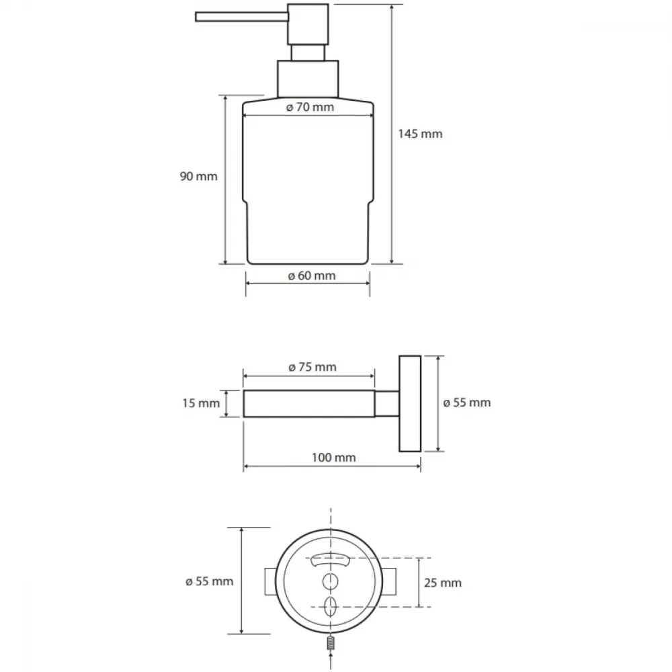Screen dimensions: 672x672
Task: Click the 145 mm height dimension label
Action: pyautogui.click(x=420, y=134)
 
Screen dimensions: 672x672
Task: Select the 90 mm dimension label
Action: pyautogui.click(x=198, y=176)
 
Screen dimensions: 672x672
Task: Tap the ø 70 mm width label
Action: pyautogui.click(x=310, y=107)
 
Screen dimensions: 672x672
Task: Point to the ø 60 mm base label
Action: pyautogui.click(x=312, y=276)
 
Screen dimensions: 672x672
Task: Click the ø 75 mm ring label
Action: pyautogui.click(x=312, y=367)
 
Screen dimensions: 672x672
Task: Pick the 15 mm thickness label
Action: pyautogui.click(x=201, y=403)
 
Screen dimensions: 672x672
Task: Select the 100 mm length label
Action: pyautogui.click(x=333, y=457)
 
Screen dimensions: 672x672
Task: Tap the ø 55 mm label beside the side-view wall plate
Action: pyautogui.click(x=467, y=403)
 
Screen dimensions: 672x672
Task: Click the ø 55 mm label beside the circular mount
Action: pyautogui.click(x=209, y=581)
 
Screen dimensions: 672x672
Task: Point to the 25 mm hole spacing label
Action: pyautogui.click(x=443, y=583)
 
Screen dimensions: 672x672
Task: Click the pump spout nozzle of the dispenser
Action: pyautogui.click(x=242, y=17)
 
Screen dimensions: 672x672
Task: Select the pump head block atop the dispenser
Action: pyautogui.click(x=308, y=24)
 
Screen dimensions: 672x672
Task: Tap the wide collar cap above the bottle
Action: pyautogui.click(x=308, y=79)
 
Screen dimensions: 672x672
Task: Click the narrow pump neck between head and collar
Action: pyautogui.click(x=308, y=52)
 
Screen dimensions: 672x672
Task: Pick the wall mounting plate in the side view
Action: pyautogui.click(x=410, y=403)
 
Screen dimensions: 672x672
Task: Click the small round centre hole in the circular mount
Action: pyautogui.click(x=330, y=581)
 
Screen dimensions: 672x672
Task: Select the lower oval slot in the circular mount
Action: pyautogui.click(x=330, y=606)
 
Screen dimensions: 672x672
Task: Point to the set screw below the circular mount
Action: pyautogui.click(x=331, y=643)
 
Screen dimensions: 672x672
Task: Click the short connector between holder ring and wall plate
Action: pyautogui.click(x=387, y=403)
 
